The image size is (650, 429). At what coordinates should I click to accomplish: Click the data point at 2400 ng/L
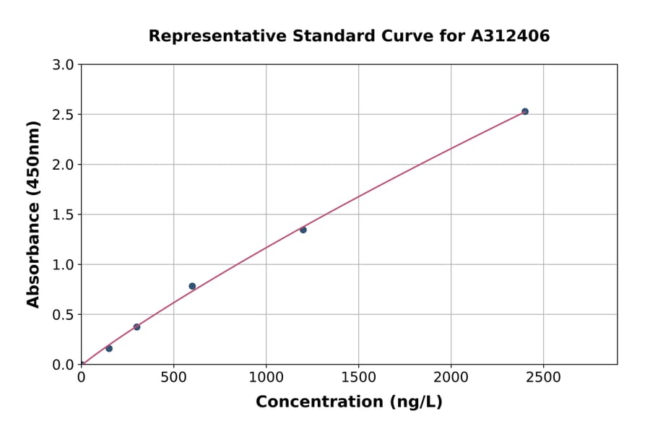coord(525,111)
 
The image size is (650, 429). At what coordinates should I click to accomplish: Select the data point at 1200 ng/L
coord(303,230)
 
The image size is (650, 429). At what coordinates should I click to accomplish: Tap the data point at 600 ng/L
coord(192,286)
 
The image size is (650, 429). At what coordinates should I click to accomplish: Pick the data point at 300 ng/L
coord(136,327)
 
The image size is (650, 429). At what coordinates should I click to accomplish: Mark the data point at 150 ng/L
coord(109,348)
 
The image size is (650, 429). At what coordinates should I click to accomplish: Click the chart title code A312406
coord(510,35)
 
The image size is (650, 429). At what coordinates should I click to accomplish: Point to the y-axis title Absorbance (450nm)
coord(33,214)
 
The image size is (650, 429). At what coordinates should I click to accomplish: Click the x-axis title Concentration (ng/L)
coord(349,402)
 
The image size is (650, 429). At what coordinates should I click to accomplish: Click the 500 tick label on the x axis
coord(173,377)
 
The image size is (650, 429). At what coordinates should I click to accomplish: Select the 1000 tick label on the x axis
coord(266,377)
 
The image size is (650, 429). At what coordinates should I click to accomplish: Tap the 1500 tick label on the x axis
coord(358,377)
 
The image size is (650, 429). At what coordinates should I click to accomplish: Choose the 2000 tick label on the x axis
coord(451,377)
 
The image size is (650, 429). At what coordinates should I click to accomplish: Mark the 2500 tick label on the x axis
coord(543,377)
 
